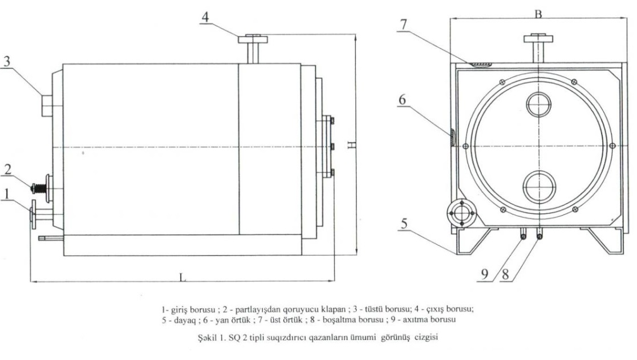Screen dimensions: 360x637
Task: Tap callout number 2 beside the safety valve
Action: click(8, 169)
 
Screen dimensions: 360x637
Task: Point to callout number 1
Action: click(7, 195)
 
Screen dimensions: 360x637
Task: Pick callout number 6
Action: click(403, 100)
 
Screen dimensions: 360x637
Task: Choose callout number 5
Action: click(403, 224)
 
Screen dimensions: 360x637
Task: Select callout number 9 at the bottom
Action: click(485, 274)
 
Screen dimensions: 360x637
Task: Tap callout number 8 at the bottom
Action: click(505, 274)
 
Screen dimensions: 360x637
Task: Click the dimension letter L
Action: click(182, 277)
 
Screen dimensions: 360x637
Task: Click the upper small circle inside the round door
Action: click(538, 105)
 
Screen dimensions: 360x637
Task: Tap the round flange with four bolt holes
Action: click(461, 213)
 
